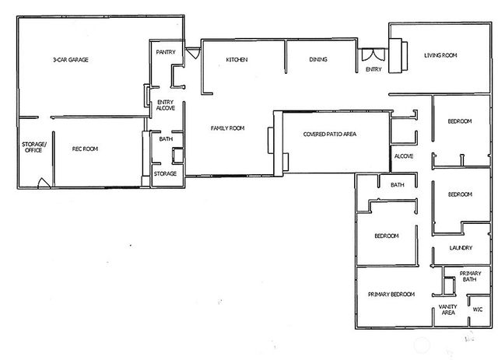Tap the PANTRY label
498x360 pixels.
click(x=165, y=52)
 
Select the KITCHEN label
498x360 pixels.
click(x=237, y=60)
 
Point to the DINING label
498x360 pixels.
click(x=317, y=60)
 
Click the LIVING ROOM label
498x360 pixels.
click(x=440, y=55)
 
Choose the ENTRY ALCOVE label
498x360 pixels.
click(x=166, y=105)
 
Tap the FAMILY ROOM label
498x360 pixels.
click(x=227, y=128)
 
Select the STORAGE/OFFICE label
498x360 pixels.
click(x=34, y=148)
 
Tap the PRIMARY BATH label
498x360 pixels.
click(x=470, y=277)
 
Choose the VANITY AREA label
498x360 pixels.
click(x=447, y=309)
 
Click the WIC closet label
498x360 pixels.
click(x=477, y=309)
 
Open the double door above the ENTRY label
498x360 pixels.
click(x=372, y=56)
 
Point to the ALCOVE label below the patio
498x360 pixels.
click(x=403, y=156)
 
